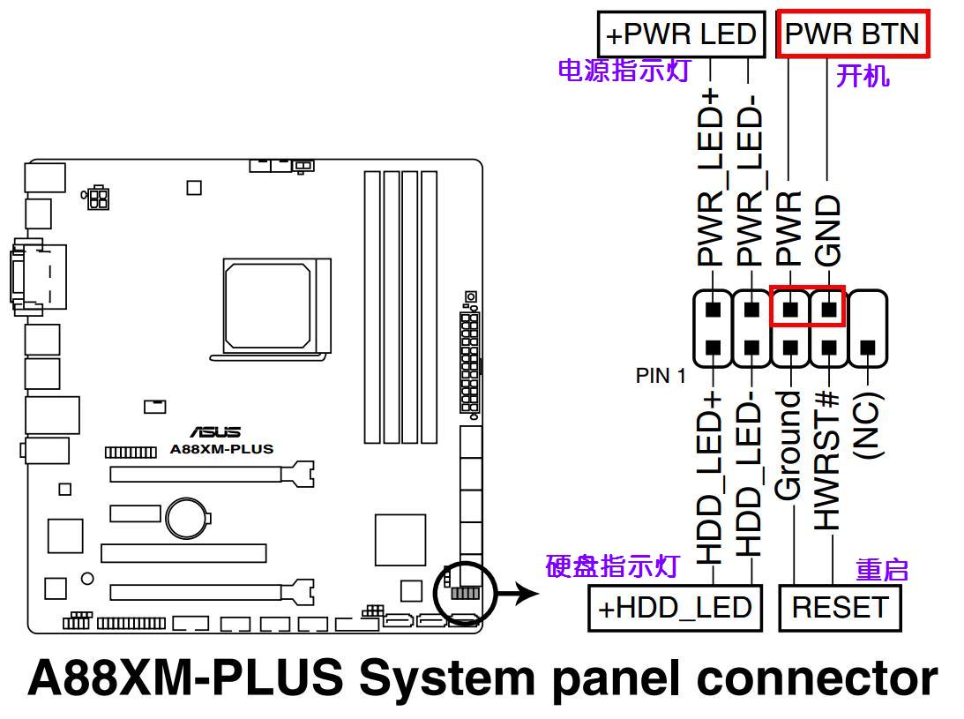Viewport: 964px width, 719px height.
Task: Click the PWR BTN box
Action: click(852, 34)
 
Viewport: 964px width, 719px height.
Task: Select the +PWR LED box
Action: click(681, 34)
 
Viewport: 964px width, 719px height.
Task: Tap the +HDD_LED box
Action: click(675, 608)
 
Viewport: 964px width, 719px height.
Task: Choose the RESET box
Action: click(840, 608)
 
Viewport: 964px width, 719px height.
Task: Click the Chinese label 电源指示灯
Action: click(624, 71)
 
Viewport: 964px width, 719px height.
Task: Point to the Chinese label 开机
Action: click(863, 76)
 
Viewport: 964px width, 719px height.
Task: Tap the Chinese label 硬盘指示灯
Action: click(612, 565)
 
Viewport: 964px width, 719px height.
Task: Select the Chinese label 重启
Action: click(882, 570)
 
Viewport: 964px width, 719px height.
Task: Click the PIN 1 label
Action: click(661, 376)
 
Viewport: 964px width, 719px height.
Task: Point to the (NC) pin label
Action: click(868, 426)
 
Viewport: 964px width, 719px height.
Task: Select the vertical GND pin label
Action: click(827, 230)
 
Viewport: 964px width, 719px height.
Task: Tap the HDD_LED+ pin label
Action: click(711, 476)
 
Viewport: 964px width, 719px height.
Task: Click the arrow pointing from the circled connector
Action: click(519, 593)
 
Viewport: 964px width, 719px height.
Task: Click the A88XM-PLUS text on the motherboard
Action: click(221, 449)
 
